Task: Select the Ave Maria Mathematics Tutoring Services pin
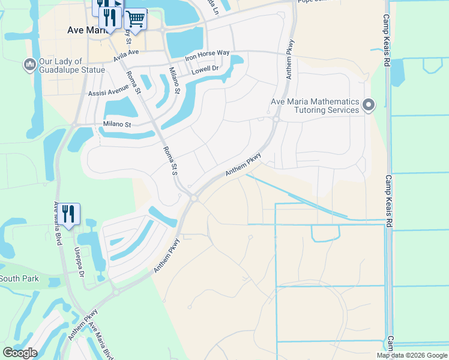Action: [x=369, y=106]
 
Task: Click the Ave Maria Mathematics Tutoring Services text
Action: [x=315, y=106]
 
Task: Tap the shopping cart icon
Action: [x=136, y=20]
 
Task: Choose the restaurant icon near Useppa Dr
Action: [x=68, y=214]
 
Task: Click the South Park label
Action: [x=19, y=278]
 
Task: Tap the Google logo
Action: [x=20, y=353]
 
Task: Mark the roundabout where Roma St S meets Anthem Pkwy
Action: [x=193, y=197]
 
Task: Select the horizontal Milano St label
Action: [x=116, y=124]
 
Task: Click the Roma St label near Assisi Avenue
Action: [x=133, y=83]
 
